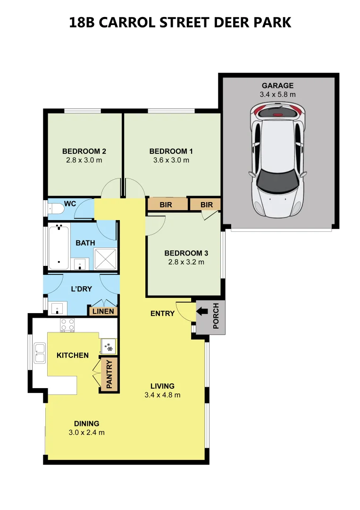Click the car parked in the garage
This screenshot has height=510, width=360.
[x=278, y=160]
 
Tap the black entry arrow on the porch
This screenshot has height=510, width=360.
[x=202, y=311]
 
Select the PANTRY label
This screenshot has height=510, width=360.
[x=109, y=374]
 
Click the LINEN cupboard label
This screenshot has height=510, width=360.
[x=103, y=311]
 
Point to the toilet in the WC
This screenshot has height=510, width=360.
[x=56, y=209]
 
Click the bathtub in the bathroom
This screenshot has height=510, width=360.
[x=59, y=247]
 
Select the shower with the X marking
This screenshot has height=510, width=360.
[x=105, y=259]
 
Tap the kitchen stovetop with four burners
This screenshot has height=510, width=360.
[x=67, y=325]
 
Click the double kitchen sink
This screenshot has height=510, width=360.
[x=40, y=353]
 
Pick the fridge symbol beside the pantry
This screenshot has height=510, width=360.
[x=109, y=347]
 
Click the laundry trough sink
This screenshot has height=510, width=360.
[x=58, y=308]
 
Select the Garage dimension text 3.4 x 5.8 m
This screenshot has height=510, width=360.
[x=278, y=94]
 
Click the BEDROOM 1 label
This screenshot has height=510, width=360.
[x=171, y=151]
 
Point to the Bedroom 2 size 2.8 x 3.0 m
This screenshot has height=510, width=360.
[x=84, y=160]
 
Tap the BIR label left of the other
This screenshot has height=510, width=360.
[x=166, y=205]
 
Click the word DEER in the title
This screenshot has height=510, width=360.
[x=231, y=23]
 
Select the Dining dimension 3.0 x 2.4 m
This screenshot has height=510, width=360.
[x=87, y=433]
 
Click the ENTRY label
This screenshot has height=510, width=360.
[x=162, y=314]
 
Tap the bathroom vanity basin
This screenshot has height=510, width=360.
[x=80, y=264]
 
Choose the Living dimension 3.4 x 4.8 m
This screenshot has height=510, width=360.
[x=162, y=395]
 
